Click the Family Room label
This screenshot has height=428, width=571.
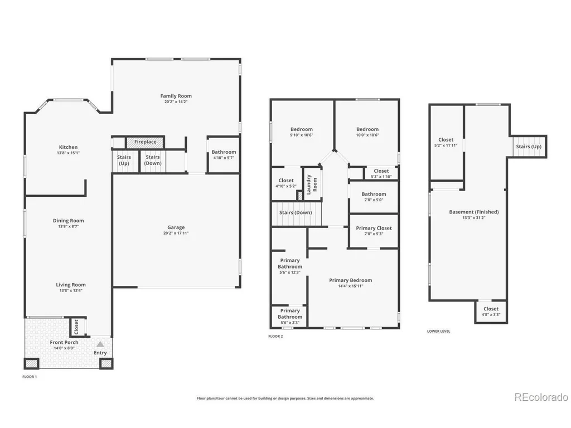pyautogui.click(x=176, y=96)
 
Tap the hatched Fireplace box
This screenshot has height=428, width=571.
pyautogui.click(x=145, y=142)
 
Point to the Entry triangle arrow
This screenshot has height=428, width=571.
pyautogui.click(x=100, y=344)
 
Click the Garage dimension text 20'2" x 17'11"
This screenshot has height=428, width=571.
pyautogui.click(x=176, y=234)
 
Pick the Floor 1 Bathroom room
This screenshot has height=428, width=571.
pyautogui.click(x=224, y=155)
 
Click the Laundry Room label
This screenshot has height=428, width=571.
pyautogui.click(x=312, y=184)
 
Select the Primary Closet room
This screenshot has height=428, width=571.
pyautogui.click(x=374, y=231)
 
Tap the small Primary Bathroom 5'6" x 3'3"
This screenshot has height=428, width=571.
pyautogui.click(x=289, y=316)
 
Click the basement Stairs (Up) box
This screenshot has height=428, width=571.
pyautogui.click(x=529, y=147)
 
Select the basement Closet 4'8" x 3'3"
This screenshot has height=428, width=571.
pyautogui.click(x=491, y=312)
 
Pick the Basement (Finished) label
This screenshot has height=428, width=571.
pyautogui.click(x=474, y=212)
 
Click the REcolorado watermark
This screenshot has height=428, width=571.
pyautogui.click(x=541, y=397)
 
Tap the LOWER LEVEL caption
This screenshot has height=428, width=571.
pyautogui.click(x=438, y=331)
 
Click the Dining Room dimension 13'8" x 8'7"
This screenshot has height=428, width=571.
pyautogui.click(x=69, y=226)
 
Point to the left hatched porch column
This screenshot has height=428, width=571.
pyautogui.click(x=31, y=363)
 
